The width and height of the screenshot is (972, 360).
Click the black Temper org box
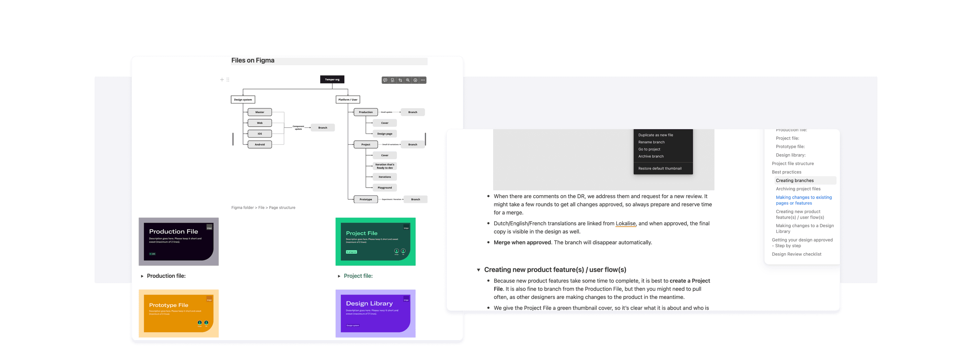332,80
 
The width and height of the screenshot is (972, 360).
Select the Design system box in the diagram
243,99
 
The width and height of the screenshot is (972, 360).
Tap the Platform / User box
348,99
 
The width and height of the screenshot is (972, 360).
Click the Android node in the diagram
260,145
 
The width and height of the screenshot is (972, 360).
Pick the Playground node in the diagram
385,188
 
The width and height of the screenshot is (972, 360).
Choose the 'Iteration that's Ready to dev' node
385,166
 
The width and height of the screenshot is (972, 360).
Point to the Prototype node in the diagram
365,199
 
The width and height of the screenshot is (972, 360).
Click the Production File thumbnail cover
179,241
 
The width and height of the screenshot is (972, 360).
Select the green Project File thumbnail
376,241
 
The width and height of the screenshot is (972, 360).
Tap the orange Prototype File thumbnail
179,313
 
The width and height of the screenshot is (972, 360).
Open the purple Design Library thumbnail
376,313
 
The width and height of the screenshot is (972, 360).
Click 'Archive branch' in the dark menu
651,156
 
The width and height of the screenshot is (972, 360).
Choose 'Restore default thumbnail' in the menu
660,168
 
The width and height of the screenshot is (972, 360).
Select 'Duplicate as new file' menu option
655,135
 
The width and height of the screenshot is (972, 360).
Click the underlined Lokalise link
626,223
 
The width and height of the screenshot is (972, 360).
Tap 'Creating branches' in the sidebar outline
795,180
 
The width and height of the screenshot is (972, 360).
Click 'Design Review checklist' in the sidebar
796,254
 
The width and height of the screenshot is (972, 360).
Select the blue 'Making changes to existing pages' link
803,200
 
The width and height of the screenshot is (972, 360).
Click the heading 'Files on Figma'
253,60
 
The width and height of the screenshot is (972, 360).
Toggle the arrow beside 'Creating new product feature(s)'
479,270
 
